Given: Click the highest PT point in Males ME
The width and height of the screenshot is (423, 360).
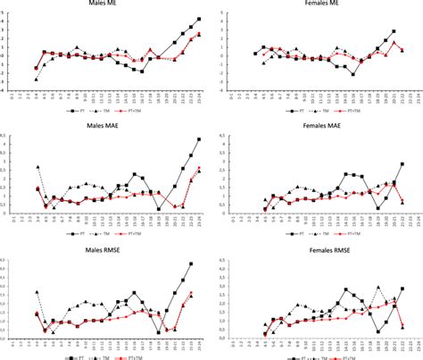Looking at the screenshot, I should coord(199,19).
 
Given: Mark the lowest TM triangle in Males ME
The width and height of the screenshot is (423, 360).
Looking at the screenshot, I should coord(37,80).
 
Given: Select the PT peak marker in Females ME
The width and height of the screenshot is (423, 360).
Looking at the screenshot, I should coord(394,30).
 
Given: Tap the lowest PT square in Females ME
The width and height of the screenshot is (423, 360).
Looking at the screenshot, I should coord(353,74).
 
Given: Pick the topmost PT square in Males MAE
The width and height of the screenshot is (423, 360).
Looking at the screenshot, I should coord(199,139).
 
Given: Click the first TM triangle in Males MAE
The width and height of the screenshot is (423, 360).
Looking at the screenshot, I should coord(37,167).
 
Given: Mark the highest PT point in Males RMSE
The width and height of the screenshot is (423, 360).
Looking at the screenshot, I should coord(191,264).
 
